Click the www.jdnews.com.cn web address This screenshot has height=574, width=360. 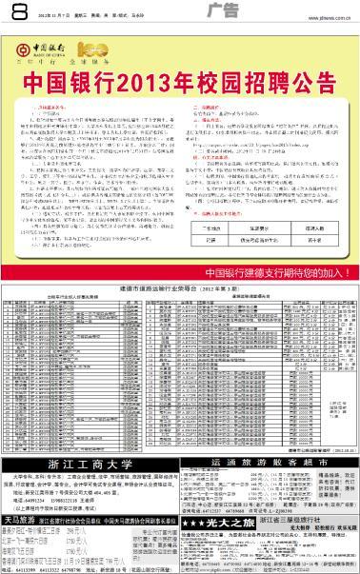click(326, 15)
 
